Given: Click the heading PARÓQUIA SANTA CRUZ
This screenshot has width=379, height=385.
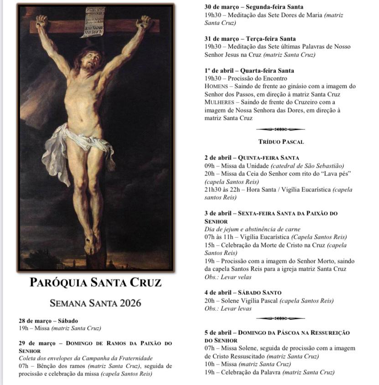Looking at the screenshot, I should (x=95, y=282).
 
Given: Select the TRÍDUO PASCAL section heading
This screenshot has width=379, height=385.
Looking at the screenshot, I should (x=280, y=142).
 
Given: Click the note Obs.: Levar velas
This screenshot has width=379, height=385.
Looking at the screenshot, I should (x=226, y=277).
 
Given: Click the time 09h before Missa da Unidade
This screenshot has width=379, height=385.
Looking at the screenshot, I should (x=210, y=166).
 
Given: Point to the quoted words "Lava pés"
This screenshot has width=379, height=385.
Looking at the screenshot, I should (x=330, y=174).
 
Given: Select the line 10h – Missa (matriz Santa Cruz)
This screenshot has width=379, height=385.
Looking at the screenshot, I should (x=247, y=364).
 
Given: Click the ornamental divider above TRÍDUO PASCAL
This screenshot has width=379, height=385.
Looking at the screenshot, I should (x=280, y=129).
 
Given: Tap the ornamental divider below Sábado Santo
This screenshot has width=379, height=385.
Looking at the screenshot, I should (x=280, y=318).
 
